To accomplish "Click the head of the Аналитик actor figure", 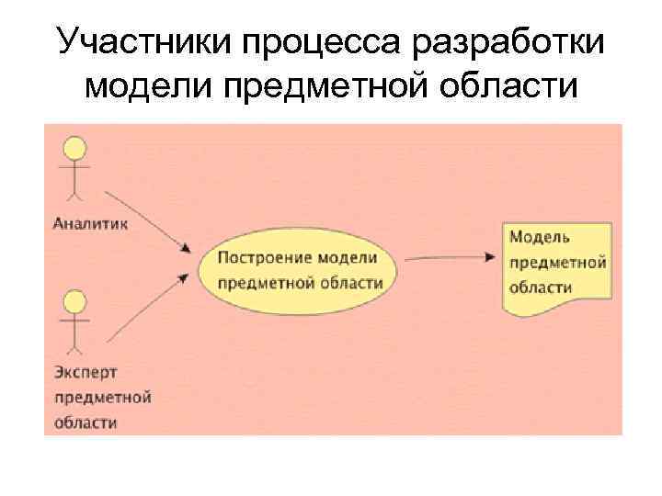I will (74, 150).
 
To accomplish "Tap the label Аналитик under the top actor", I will (90, 221).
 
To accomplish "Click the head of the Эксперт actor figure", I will (74, 301).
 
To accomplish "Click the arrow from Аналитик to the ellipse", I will (147, 220).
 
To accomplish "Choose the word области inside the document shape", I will (540, 287).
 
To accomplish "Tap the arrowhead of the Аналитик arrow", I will (187, 248).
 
